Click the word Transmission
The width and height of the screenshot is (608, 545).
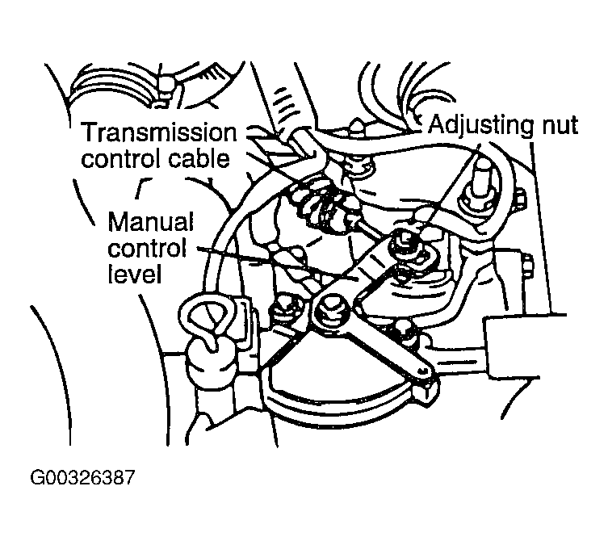coord(159,133)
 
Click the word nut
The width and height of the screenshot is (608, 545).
coord(559,126)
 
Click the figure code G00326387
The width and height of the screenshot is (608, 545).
coord(82,477)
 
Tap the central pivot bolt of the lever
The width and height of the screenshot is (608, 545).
coord(333,308)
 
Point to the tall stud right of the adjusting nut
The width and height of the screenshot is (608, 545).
coord(480,186)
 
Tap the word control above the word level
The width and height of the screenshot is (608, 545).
coord(147,248)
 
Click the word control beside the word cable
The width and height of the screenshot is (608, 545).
coord(122,159)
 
